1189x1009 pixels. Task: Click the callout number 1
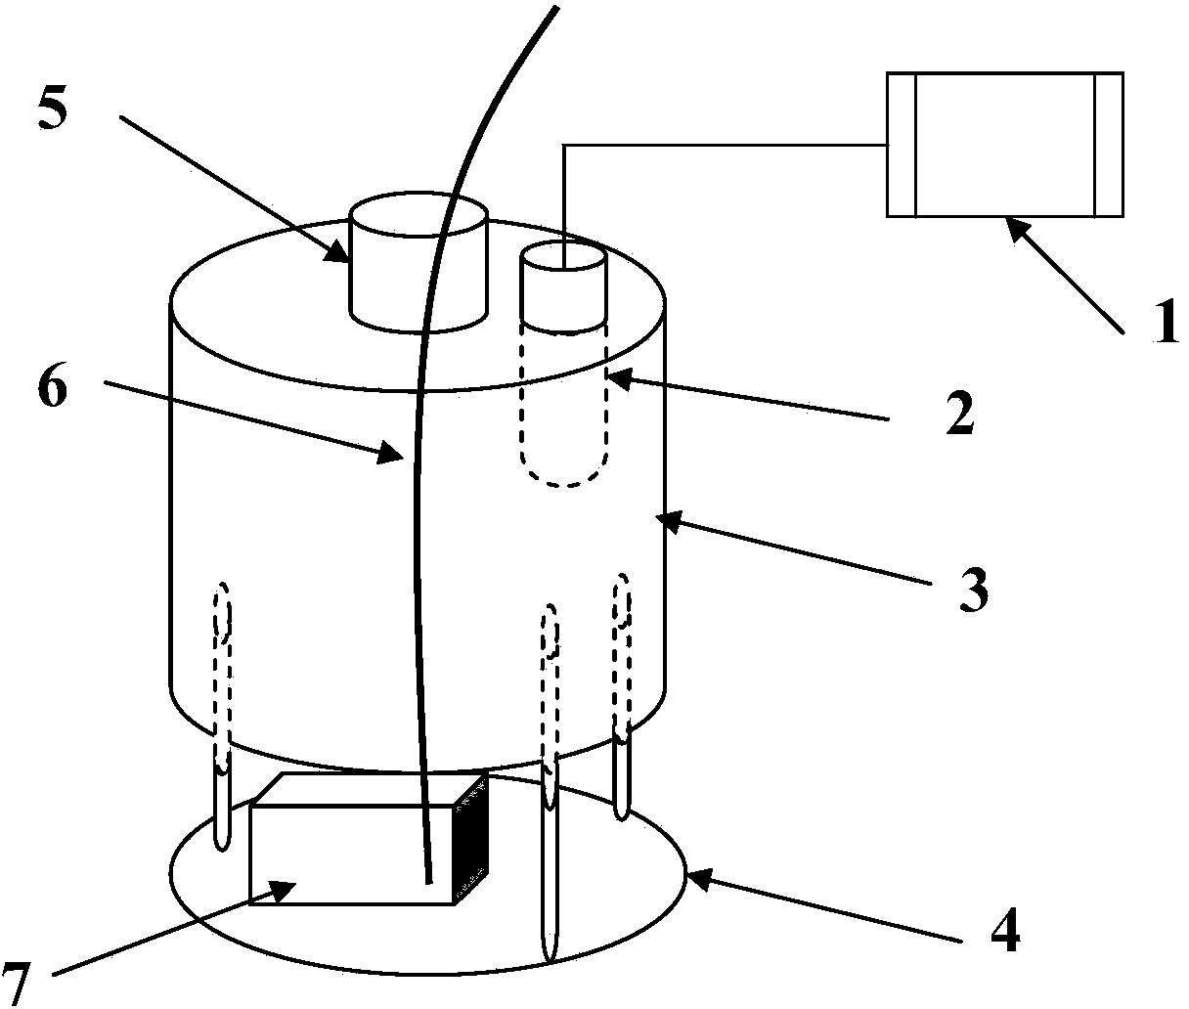tap(1167, 322)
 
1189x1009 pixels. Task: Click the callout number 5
tap(53, 109)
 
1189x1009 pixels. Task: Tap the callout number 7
tap(16, 985)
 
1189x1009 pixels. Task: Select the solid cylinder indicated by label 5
tap(419, 262)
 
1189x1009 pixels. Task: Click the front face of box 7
tap(352, 855)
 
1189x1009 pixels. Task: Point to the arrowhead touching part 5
tap(337, 252)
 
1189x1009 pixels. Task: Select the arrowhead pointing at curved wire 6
tap(391, 452)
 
